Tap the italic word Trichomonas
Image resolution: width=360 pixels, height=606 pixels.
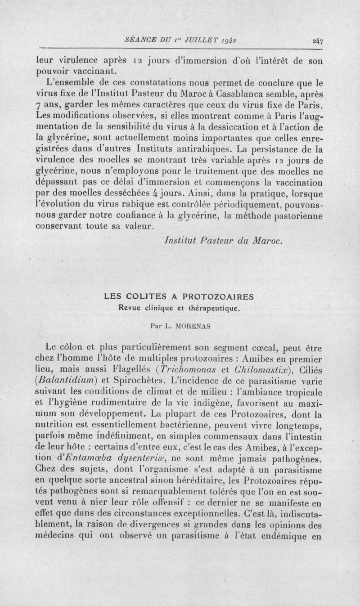[x=194, y=370]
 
